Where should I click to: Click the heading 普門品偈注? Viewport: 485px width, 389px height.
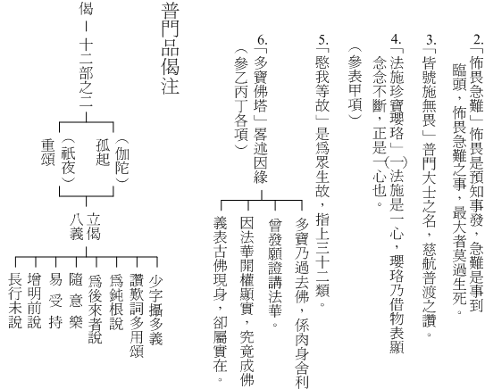(x=170, y=48)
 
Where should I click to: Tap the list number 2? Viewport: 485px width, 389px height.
(x=478, y=39)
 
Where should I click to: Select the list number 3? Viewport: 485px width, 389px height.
(x=431, y=39)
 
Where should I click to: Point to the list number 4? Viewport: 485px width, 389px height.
(x=397, y=39)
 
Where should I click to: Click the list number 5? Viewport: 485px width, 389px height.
(x=323, y=39)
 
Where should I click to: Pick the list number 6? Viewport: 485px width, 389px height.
(x=262, y=39)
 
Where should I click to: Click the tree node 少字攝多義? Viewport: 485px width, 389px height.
(x=156, y=310)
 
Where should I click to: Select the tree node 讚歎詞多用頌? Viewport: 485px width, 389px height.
(x=137, y=316)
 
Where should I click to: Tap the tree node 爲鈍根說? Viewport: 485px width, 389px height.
(x=116, y=302)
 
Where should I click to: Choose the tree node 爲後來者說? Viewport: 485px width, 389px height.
(x=96, y=309)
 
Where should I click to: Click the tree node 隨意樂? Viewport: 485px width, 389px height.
(x=76, y=301)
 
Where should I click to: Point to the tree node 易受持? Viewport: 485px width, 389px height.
(x=55, y=301)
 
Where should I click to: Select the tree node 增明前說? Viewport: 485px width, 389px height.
(x=35, y=301)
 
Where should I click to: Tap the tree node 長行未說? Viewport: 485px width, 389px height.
(x=15, y=301)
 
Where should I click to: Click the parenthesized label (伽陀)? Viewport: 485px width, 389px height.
(x=121, y=161)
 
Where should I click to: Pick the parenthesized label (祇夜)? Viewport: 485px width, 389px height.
(x=68, y=161)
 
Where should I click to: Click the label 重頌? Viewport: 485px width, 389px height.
(x=48, y=153)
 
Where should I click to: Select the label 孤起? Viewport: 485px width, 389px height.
(x=103, y=153)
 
